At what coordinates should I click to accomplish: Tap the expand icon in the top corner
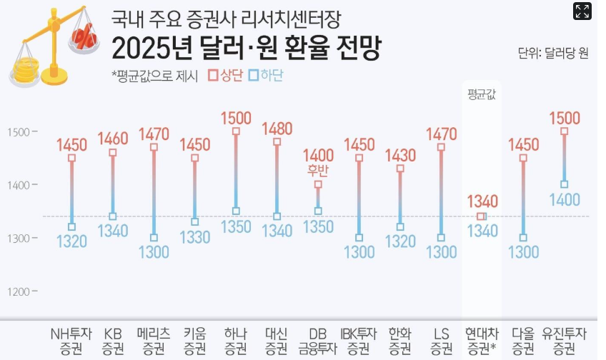(582, 11)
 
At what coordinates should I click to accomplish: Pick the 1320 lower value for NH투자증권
(71, 241)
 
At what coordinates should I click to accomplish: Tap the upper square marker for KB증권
(112, 153)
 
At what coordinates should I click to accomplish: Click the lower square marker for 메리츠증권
(154, 238)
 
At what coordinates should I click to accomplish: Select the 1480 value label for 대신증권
(277, 129)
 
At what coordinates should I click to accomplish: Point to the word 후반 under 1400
(318, 170)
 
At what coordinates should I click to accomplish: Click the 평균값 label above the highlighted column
(482, 94)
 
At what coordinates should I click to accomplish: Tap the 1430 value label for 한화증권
(400, 155)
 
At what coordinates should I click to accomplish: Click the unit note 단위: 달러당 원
(553, 53)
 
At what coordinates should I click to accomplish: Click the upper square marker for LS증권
(441, 147)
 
